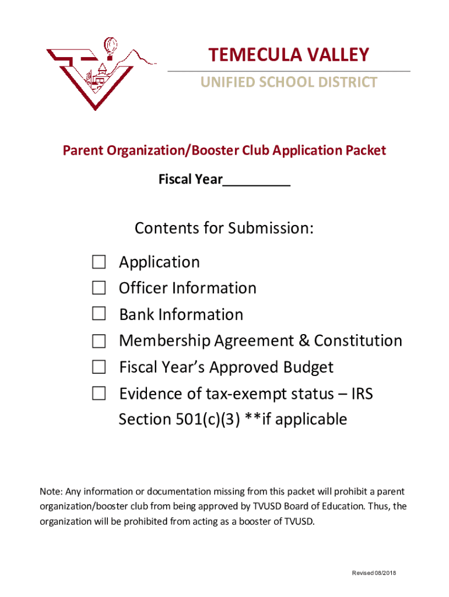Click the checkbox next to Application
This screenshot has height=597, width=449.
click(x=99, y=262)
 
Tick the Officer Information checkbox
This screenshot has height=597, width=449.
click(x=99, y=288)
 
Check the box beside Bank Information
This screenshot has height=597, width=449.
click(x=99, y=314)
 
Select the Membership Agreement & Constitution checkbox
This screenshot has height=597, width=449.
click(x=99, y=340)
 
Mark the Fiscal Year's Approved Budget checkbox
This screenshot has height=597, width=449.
click(x=99, y=367)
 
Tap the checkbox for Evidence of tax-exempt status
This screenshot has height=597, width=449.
click(x=99, y=394)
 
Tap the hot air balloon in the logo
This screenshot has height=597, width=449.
click(x=110, y=45)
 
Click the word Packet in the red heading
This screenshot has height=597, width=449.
click(x=365, y=150)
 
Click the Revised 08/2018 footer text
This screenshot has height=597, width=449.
click(x=374, y=573)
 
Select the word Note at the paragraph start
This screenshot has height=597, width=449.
click(x=50, y=491)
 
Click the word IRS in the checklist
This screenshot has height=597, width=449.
click(x=362, y=394)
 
